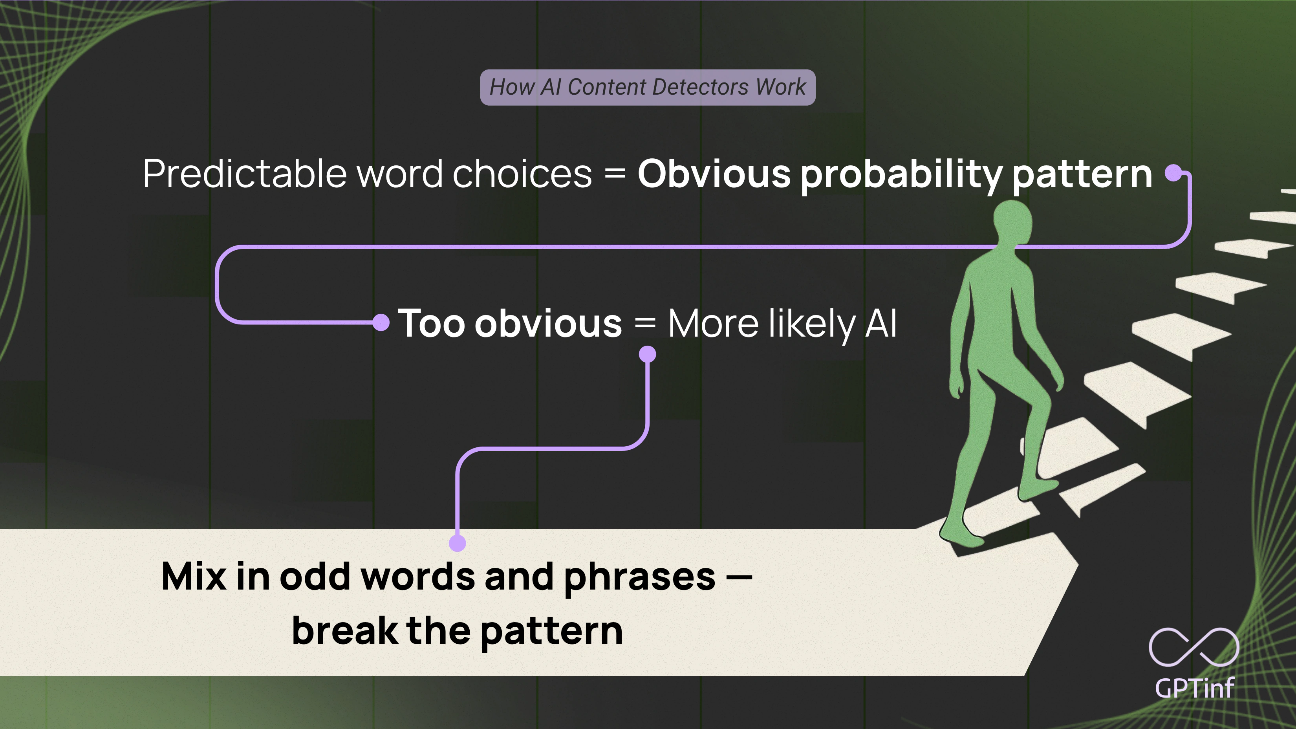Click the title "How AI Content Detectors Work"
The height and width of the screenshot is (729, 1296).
coord(648,87)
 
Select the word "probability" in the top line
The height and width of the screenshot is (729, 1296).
coord(901,174)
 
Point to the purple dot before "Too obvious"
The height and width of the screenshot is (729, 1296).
coord(381,322)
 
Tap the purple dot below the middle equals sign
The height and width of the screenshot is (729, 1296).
coord(648,354)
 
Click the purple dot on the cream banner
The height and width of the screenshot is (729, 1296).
coord(457,543)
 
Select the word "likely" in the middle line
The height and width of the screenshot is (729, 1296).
coord(811,324)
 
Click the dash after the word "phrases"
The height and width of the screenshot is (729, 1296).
coord(739,577)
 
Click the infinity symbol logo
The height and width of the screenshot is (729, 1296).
coord(1193,647)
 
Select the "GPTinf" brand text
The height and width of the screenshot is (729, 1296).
coord(1194,688)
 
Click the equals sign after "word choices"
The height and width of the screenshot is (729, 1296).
coord(615,174)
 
